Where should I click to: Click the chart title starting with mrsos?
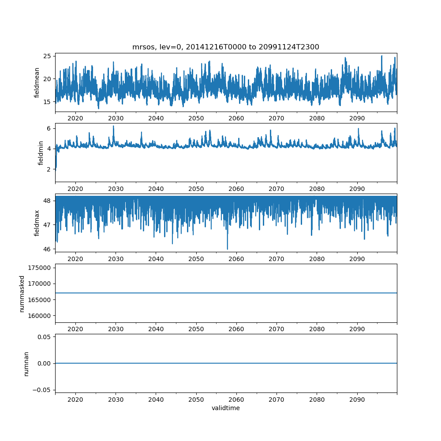coord(226,47)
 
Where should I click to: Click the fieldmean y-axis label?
coord(37,82)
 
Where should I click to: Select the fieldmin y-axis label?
coord(41,153)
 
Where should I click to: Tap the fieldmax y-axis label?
coord(37,223)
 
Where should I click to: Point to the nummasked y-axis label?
coord(22,294)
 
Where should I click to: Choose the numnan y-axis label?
coord(26,363)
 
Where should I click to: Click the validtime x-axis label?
coord(226,408)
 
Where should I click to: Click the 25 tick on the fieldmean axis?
coord(47,56)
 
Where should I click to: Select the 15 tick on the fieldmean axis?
coord(47,102)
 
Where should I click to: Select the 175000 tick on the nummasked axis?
coord(39,268)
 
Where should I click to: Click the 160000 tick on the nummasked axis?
coord(39,316)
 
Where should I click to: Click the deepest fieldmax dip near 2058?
coord(228,249)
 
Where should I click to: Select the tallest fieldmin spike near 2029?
coord(113,126)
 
